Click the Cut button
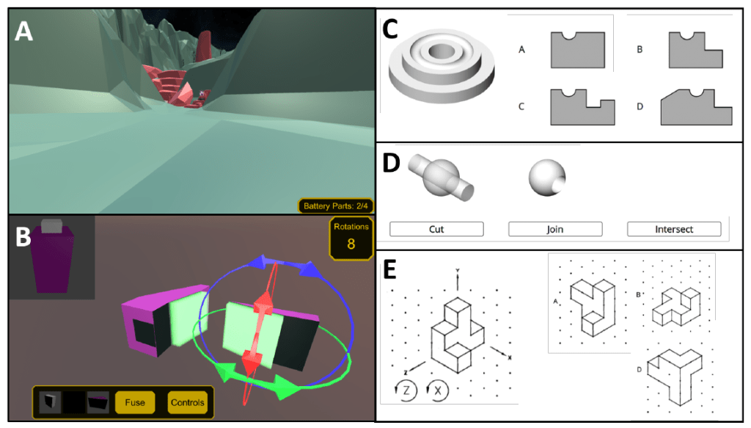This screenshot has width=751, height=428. point(436,229)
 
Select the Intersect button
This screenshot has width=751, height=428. point(674,229)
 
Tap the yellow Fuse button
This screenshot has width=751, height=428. point(135,402)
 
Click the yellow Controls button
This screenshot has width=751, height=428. point(188,402)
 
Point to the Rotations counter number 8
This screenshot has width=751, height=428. point(351,244)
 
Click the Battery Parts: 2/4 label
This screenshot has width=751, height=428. point(335,206)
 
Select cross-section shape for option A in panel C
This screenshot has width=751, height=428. point(578,50)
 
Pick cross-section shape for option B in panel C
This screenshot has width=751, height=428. point(695,51)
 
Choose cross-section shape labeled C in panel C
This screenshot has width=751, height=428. point(582,107)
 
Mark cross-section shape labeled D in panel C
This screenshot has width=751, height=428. point(697,107)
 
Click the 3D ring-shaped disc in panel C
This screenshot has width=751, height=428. point(441,65)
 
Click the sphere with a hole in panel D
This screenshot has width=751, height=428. point(547,178)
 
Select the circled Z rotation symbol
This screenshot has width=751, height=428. point(405,390)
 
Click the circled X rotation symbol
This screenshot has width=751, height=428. point(437,390)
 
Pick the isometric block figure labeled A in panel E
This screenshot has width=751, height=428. point(593,307)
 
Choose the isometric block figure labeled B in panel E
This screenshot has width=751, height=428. point(676,307)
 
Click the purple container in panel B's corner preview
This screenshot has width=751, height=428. point(52,257)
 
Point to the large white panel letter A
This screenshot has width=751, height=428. point(24,32)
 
